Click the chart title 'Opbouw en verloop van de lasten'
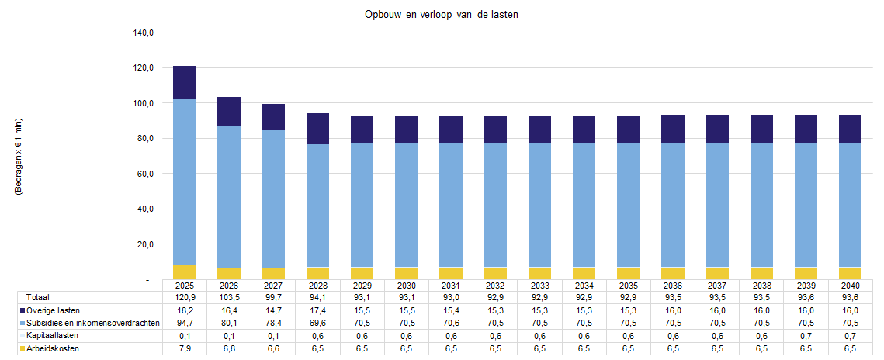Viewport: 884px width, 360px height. [441, 15]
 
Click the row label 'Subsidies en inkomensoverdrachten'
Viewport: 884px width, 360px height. [92, 323]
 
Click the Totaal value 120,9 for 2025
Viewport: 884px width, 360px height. [185, 297]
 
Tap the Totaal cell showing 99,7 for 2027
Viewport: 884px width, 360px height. [273, 297]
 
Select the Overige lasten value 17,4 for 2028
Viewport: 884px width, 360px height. [317, 310]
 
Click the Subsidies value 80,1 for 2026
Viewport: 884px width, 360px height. [229, 323]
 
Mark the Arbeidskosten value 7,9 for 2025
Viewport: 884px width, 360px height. [185, 349]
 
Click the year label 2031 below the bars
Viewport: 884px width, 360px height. [450, 285]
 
